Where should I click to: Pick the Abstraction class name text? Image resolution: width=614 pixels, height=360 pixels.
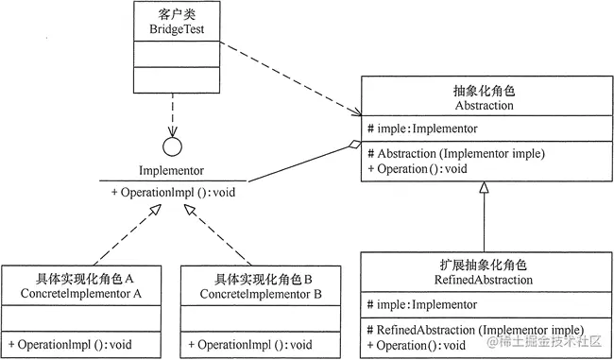point(484,106)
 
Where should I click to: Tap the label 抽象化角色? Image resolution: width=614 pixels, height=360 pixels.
point(484,92)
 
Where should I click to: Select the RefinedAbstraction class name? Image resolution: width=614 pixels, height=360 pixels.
point(484,280)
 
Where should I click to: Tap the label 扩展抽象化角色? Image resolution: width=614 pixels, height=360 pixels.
point(484,266)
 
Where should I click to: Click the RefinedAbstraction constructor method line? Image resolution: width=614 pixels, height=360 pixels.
point(471,328)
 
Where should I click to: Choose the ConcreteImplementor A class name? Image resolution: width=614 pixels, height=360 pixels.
point(82,294)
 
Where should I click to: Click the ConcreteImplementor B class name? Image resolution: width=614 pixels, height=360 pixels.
point(262,294)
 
